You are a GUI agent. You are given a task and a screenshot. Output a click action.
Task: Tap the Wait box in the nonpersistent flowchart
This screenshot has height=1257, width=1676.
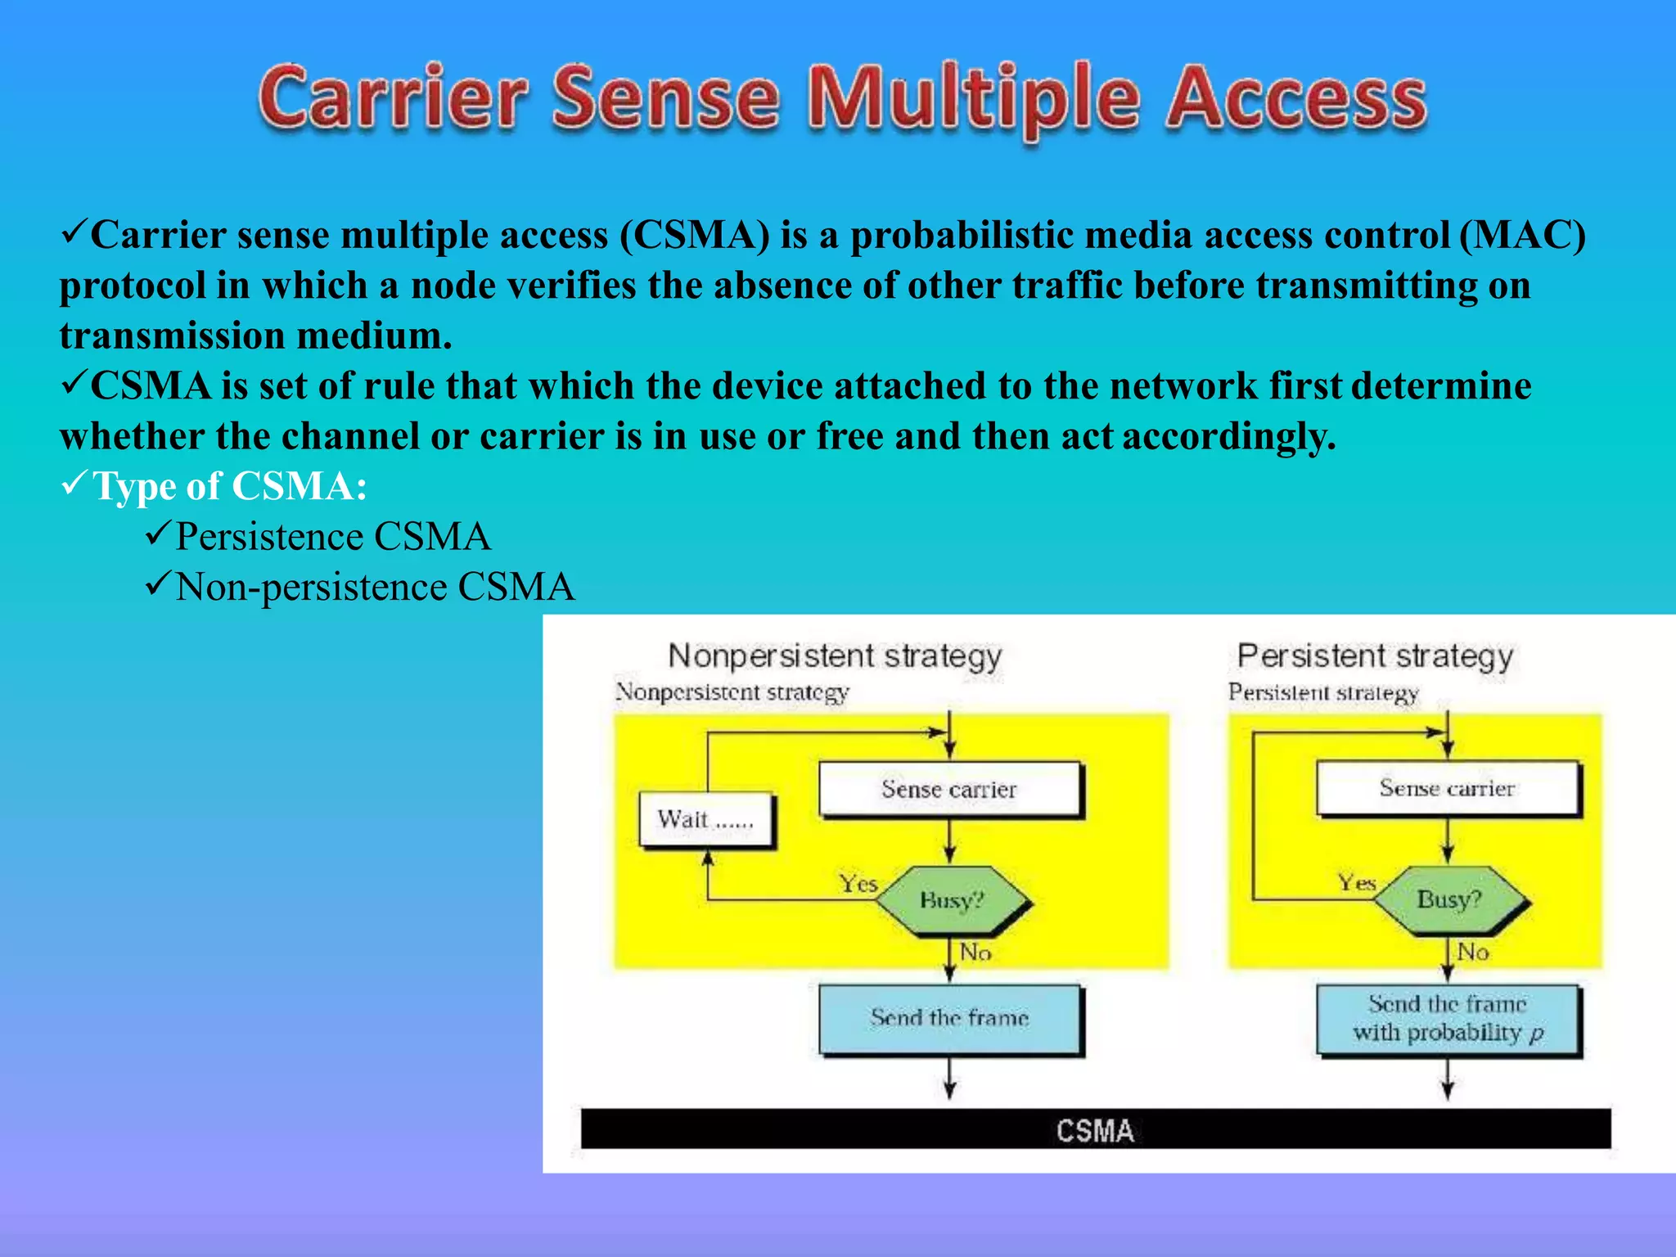(x=705, y=819)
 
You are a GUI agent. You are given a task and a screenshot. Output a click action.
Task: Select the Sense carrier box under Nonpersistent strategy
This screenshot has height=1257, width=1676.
(x=949, y=789)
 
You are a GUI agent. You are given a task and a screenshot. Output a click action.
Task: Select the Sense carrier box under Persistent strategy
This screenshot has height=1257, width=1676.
(x=1447, y=788)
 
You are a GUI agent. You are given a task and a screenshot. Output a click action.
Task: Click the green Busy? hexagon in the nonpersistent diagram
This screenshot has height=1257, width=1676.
(x=952, y=901)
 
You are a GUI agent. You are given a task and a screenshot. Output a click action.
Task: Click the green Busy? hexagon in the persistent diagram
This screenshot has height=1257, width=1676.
(x=1449, y=899)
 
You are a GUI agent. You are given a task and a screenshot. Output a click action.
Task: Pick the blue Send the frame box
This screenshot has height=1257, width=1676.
(x=949, y=1018)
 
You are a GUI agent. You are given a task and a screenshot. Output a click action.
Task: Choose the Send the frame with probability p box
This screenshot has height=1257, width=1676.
(x=1447, y=1019)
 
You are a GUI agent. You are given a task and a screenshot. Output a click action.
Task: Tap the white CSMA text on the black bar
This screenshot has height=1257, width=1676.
(x=1095, y=1131)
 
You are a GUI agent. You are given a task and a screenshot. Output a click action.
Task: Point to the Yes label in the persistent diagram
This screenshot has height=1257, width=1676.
(x=1356, y=882)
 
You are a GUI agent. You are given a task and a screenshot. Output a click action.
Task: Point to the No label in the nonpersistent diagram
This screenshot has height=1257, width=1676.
(x=975, y=953)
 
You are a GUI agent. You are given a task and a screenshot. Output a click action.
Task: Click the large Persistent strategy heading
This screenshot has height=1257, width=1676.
(x=1375, y=656)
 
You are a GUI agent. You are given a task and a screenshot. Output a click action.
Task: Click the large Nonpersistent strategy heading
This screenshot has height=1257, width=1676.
(x=835, y=656)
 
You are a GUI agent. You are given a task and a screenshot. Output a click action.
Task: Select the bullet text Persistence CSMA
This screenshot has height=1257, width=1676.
(x=332, y=537)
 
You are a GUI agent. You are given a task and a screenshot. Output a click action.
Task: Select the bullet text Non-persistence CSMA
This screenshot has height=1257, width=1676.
(x=375, y=588)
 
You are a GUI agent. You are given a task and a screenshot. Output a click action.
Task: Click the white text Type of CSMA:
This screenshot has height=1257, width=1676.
(x=230, y=486)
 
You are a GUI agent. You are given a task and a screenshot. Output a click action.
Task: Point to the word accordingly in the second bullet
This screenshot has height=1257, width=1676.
(x=1228, y=436)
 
